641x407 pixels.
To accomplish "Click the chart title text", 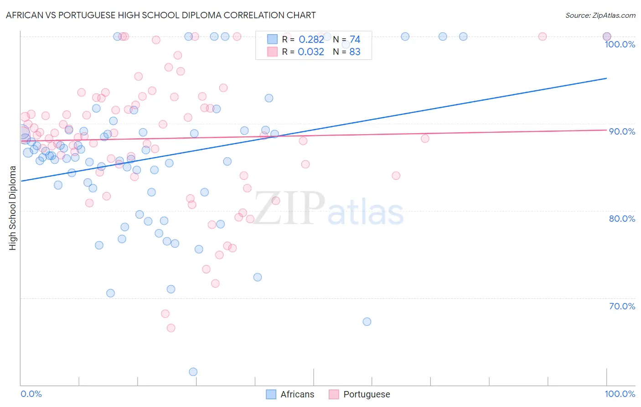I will click(160, 15).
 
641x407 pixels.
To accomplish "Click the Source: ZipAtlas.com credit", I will click(600, 15).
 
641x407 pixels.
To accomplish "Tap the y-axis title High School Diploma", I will click(12, 208).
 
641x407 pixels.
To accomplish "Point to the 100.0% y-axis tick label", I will click(620, 44).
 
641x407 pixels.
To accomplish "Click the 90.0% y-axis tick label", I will click(622, 131).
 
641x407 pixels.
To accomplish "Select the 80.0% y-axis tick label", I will click(622, 219).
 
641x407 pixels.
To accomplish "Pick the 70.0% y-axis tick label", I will click(622, 306).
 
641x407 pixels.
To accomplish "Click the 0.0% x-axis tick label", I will click(31, 394).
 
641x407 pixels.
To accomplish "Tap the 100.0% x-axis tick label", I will click(620, 394).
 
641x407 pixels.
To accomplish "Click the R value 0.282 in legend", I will click(311, 40).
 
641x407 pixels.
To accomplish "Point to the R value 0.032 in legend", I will click(311, 52).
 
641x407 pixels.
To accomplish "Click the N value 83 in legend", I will click(355, 52).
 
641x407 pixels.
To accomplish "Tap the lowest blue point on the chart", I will click(193, 372).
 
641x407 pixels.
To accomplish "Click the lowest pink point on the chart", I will click(171, 328).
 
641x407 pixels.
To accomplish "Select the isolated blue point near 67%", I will click(367, 322).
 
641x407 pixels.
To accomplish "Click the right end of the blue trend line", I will click(606, 78).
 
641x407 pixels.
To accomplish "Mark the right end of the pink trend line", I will click(606, 130).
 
